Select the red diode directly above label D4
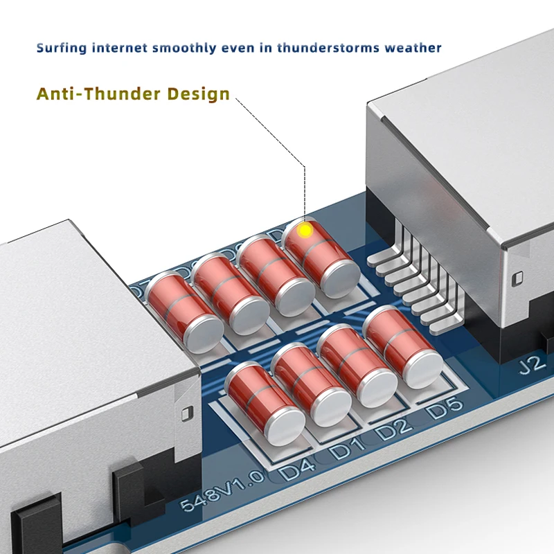click(x=265, y=403)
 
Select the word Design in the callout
click(x=201, y=93)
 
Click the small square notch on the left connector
click(x=185, y=413)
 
